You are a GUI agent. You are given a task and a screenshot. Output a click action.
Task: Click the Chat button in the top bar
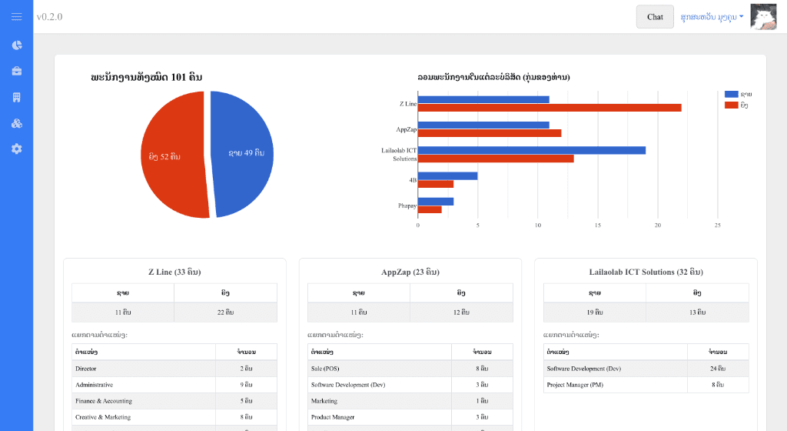click(655, 17)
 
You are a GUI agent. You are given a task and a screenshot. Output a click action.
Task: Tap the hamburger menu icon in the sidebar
click(16, 17)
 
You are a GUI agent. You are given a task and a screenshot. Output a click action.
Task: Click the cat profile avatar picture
click(763, 17)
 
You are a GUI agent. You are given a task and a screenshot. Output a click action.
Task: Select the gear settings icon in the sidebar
click(16, 149)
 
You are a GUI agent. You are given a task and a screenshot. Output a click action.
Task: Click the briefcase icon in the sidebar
click(16, 71)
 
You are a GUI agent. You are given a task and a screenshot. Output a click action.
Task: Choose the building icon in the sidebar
click(16, 97)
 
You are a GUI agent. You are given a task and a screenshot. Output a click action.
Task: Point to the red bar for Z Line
click(549, 108)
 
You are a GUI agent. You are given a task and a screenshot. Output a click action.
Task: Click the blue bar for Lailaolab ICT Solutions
click(531, 150)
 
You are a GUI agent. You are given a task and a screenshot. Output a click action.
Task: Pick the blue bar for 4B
click(447, 175)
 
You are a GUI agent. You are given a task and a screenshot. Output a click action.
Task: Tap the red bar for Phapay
click(430, 209)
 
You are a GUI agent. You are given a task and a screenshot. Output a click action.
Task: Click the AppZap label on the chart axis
click(406, 129)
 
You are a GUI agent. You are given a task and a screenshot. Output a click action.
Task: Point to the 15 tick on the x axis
click(597, 226)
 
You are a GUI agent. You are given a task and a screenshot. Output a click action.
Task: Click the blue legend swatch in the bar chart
click(731, 94)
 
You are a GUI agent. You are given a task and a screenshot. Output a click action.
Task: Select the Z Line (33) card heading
click(174, 272)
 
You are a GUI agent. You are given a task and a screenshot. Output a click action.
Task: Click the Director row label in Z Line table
click(86, 369)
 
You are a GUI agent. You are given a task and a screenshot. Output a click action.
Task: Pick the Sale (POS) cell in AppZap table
click(325, 369)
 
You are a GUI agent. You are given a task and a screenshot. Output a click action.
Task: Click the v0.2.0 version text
click(49, 17)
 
